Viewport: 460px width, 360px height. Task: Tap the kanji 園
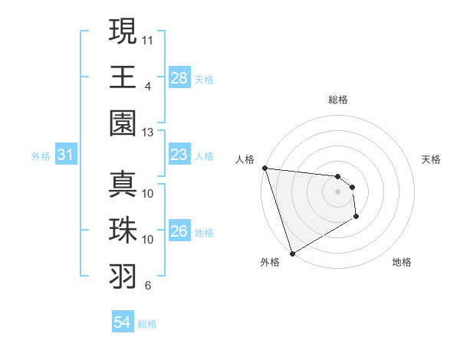[x=123, y=123]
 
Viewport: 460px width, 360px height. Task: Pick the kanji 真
[x=123, y=185]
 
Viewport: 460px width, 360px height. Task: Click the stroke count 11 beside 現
[x=148, y=39]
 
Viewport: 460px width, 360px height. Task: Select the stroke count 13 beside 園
[x=148, y=133]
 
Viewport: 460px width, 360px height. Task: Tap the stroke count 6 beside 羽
[x=148, y=286]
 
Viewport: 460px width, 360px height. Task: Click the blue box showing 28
[x=179, y=78]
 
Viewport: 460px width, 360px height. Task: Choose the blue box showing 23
[x=179, y=155]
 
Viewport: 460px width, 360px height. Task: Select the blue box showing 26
[x=179, y=231]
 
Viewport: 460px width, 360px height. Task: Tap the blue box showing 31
[x=66, y=155]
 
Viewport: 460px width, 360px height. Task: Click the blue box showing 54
[x=123, y=322]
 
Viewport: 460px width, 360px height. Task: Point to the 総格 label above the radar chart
[x=337, y=100]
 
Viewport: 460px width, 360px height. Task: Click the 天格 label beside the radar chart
[x=432, y=159]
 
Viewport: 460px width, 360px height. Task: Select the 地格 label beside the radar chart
[x=402, y=262]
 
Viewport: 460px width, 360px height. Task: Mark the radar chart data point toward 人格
[x=264, y=168]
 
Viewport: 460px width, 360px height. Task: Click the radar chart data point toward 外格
[x=292, y=253]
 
